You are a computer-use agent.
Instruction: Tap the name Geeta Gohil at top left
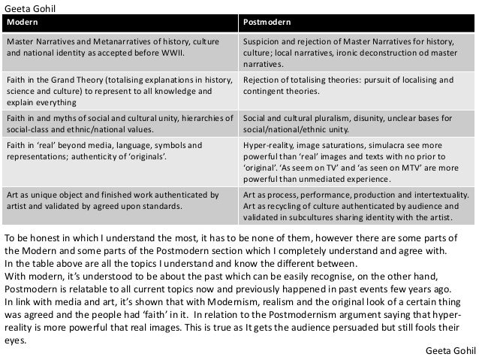click(30, 7)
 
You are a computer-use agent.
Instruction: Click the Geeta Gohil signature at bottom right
click(450, 351)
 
